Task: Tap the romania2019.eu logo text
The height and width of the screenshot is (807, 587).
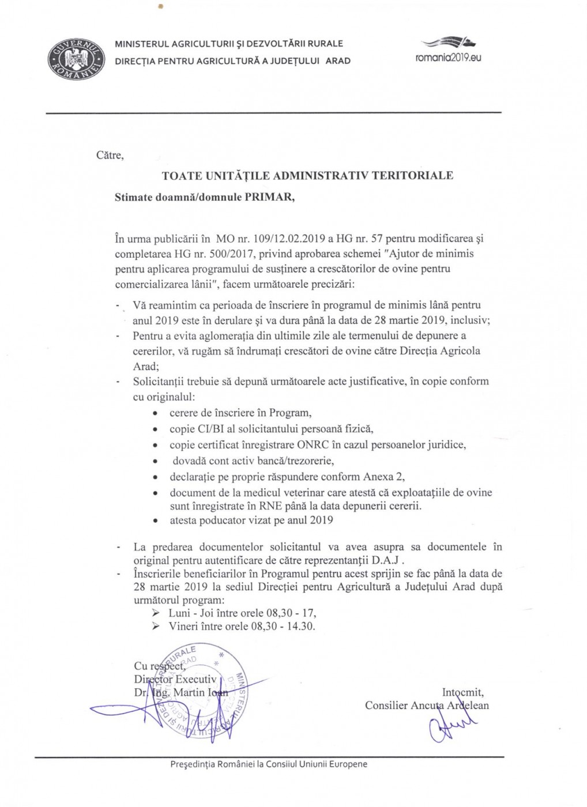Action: click(448, 58)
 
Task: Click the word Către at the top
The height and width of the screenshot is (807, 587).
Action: click(110, 156)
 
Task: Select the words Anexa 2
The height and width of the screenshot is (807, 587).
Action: click(384, 477)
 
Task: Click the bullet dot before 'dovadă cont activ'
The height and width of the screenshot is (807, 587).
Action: click(155, 462)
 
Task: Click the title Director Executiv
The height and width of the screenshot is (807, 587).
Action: click(175, 679)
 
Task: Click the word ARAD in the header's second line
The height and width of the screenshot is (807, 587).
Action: click(338, 61)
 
